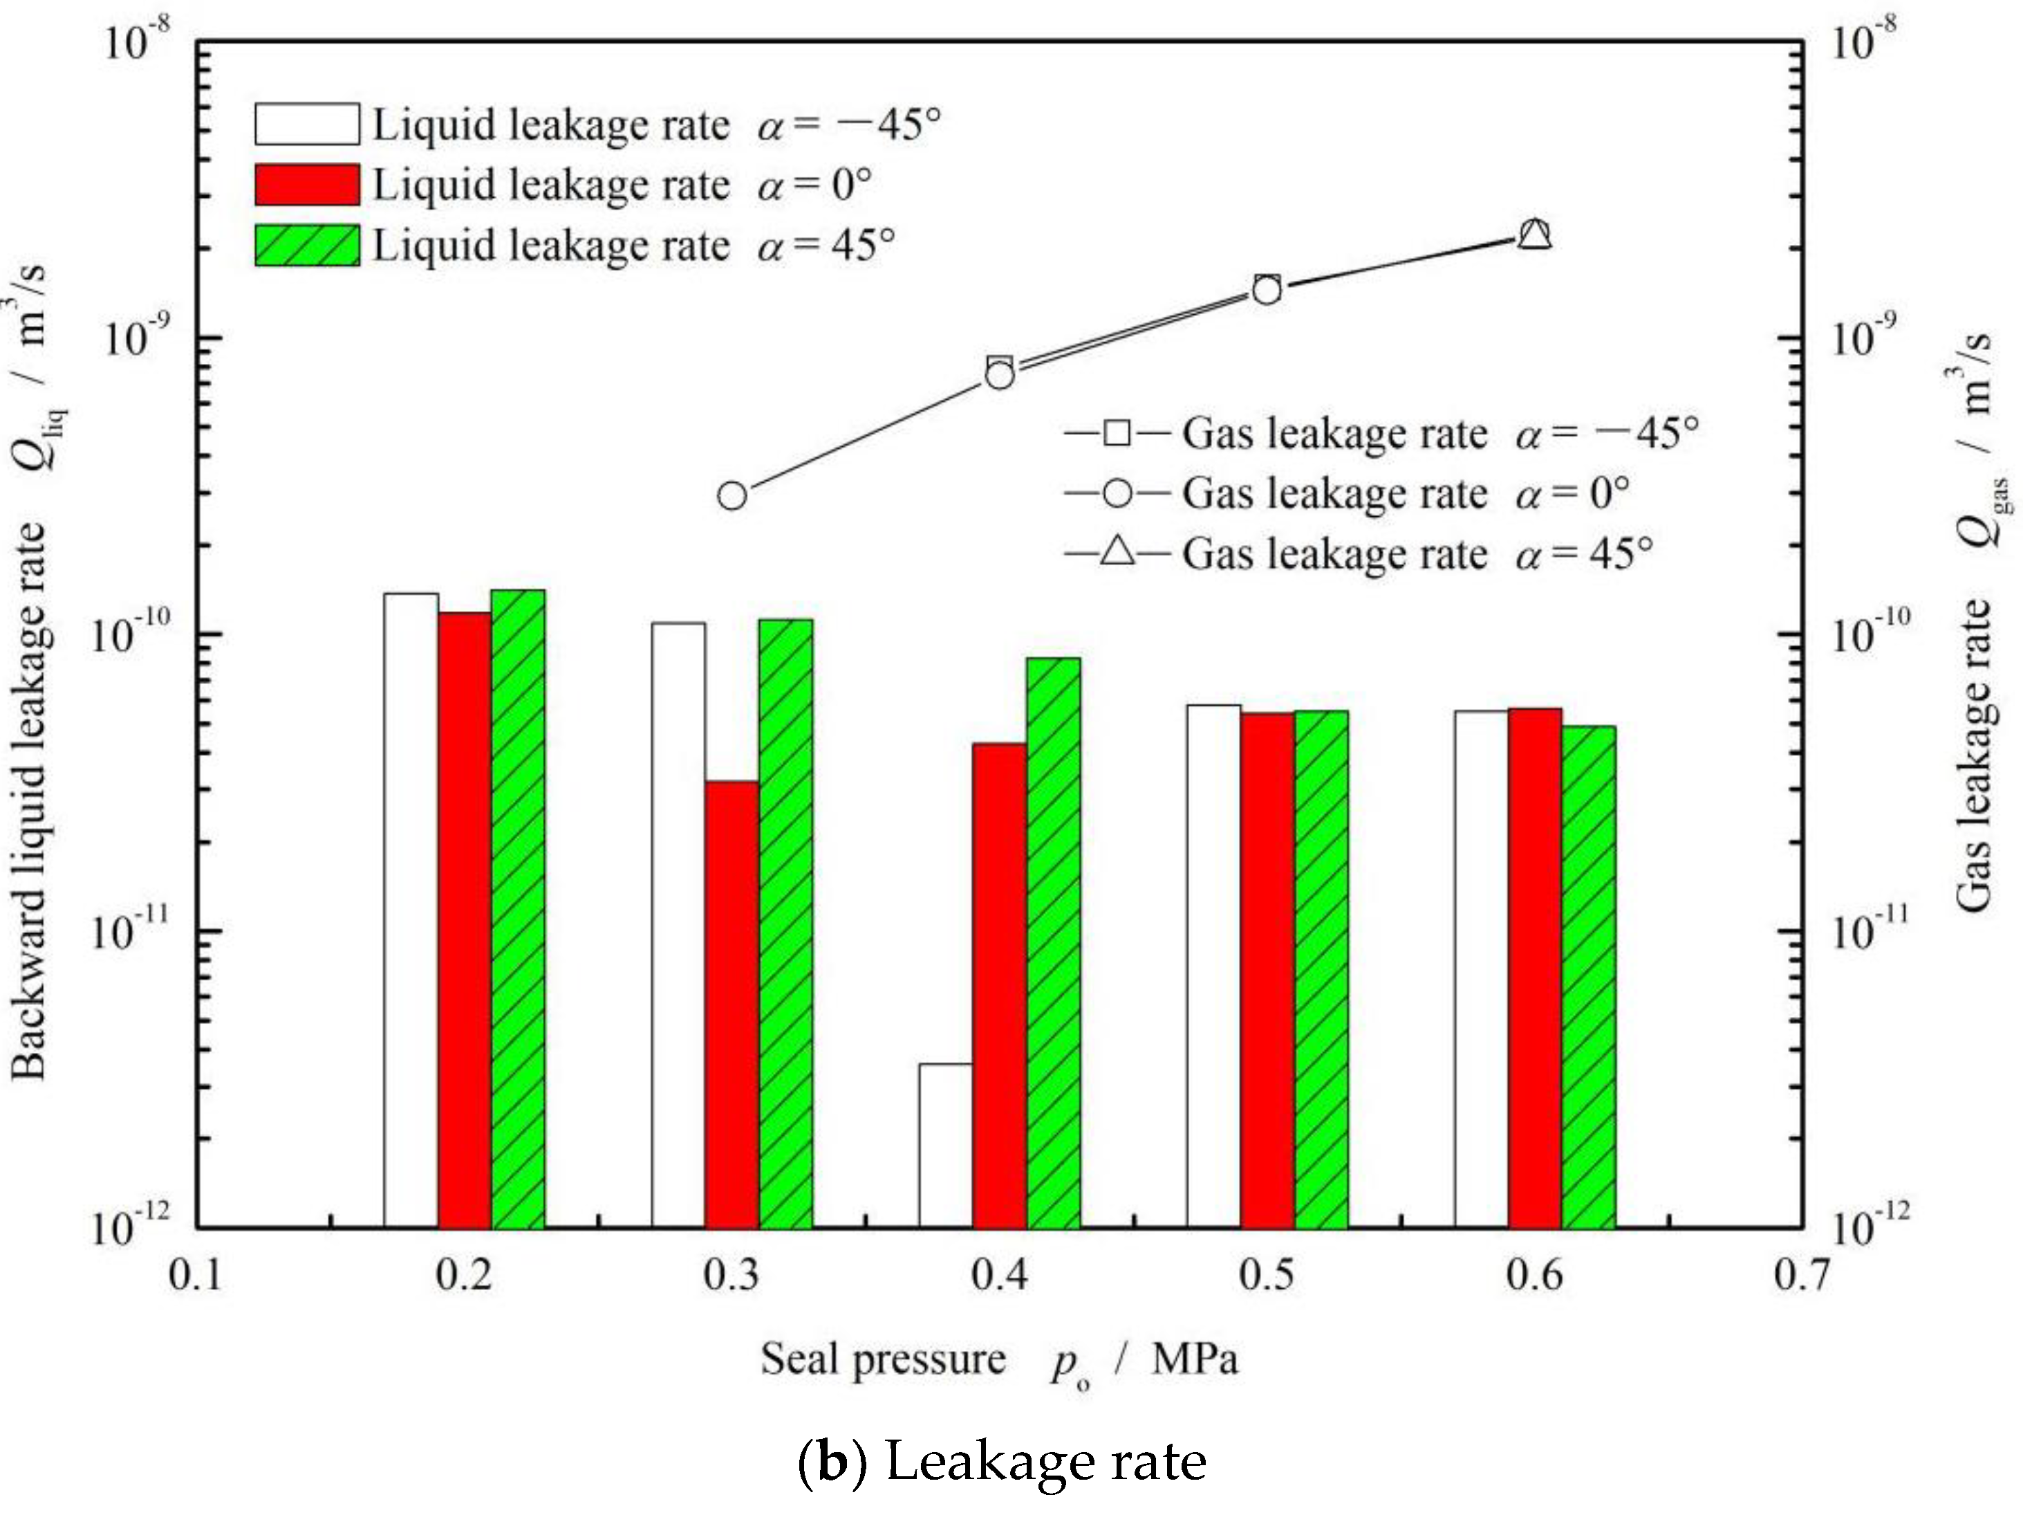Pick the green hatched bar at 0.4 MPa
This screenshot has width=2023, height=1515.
tap(1053, 942)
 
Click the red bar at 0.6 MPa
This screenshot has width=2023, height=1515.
tap(1535, 967)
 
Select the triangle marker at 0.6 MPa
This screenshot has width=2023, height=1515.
tap(1535, 235)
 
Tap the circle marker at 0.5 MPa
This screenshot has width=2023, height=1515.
tap(1267, 291)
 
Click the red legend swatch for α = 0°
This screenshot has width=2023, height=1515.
tap(306, 185)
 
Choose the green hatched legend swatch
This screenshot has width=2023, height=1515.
tap(306, 245)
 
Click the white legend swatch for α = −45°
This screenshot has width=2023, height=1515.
tap(306, 125)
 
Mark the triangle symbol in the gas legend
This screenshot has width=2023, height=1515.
tap(1117, 551)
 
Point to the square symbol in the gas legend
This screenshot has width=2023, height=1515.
tap(1117, 432)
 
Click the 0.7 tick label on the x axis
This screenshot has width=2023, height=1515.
tap(1802, 1274)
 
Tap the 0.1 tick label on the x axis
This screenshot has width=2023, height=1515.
tap(196, 1274)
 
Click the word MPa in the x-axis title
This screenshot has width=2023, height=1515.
tap(1195, 1359)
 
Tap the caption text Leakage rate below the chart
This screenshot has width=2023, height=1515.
tap(1045, 1461)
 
